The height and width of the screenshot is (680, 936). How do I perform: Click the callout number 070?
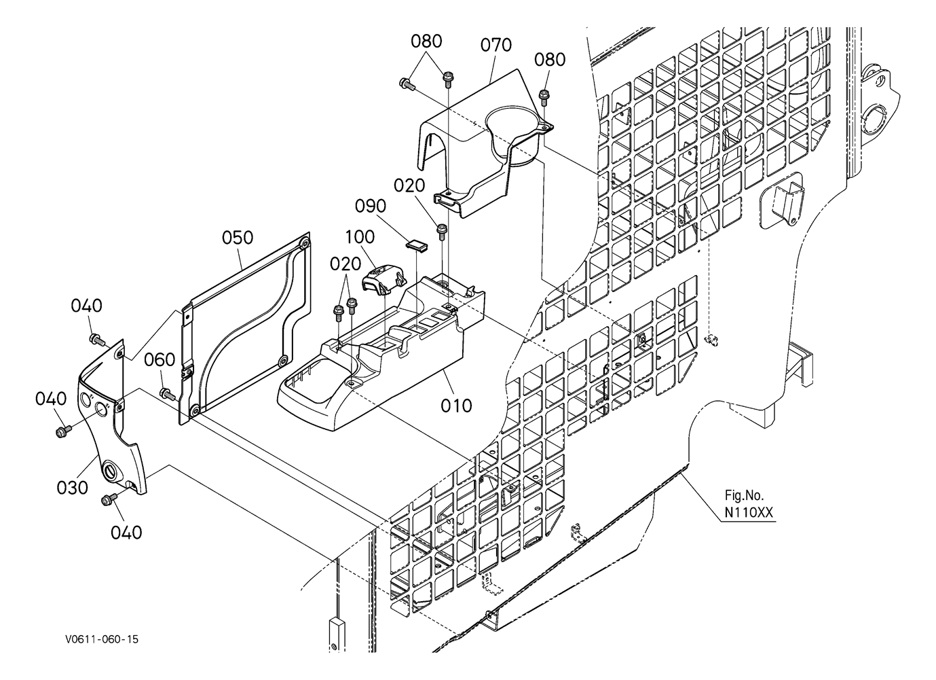pyautogui.click(x=496, y=45)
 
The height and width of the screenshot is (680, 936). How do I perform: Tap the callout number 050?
pyautogui.click(x=238, y=238)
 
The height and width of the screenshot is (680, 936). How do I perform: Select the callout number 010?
pyautogui.click(x=456, y=406)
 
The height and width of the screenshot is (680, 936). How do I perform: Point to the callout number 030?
pyautogui.click(x=73, y=487)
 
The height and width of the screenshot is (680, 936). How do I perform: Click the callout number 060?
pyautogui.click(x=160, y=359)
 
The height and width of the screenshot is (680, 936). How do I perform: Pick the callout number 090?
pyautogui.click(x=371, y=207)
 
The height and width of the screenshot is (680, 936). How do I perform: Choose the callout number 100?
pyautogui.click(x=360, y=237)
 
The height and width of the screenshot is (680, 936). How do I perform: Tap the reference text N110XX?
pyautogui.click(x=749, y=513)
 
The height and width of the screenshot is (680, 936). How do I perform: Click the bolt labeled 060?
pyautogui.click(x=167, y=393)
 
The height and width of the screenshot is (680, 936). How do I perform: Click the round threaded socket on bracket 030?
pyautogui.click(x=111, y=471)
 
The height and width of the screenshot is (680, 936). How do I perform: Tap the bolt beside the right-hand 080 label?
pyautogui.click(x=543, y=97)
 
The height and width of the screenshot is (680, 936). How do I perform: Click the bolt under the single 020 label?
pyautogui.click(x=442, y=232)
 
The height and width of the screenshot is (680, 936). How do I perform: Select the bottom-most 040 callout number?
pyautogui.click(x=126, y=533)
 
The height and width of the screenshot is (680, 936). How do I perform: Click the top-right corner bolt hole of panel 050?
pyautogui.click(x=305, y=242)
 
